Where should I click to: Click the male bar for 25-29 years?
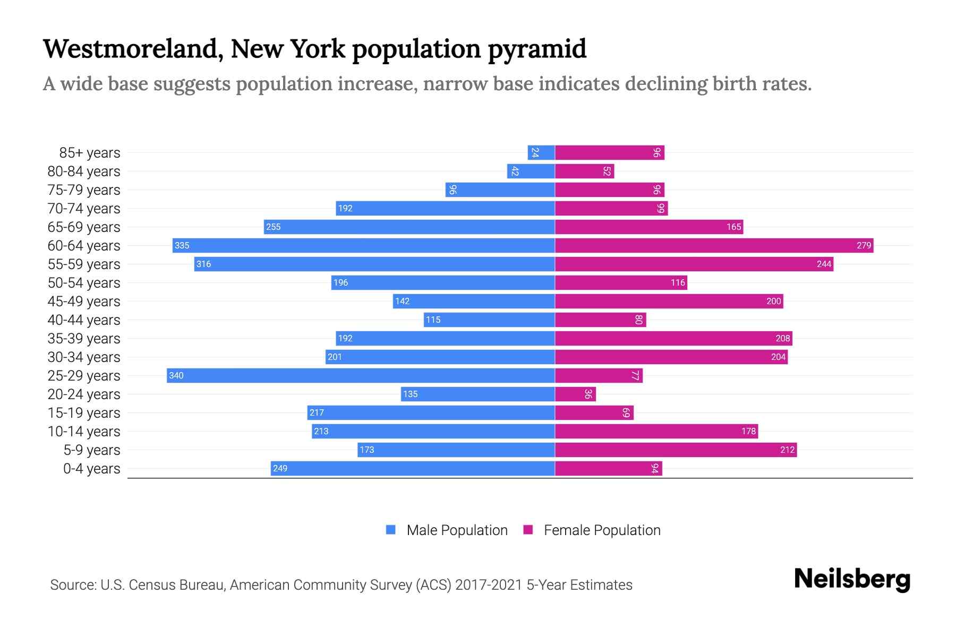[361, 375]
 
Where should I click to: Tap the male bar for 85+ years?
[541, 152]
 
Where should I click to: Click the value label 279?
[864, 245]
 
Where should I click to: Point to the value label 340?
[176, 375]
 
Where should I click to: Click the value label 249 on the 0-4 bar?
[280, 468]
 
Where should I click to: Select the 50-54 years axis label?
[84, 282]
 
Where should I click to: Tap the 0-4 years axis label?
[91, 468]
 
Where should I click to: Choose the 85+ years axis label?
[90, 152]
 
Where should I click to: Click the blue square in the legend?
[391, 530]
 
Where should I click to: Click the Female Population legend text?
[602, 530]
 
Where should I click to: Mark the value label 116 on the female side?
[678, 282]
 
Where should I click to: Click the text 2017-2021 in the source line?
[489, 584]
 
